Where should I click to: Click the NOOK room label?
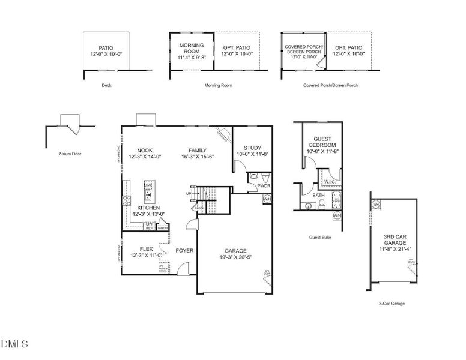pyautogui.click(x=145, y=151)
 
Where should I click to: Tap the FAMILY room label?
pyautogui.click(x=198, y=151)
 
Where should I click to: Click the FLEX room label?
pyautogui.click(x=145, y=250)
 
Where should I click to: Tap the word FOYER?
pyautogui.click(x=184, y=250)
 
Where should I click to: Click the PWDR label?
pyautogui.click(x=264, y=186)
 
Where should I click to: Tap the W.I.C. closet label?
pyautogui.click(x=330, y=181)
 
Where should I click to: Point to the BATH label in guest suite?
pyautogui.click(x=318, y=195)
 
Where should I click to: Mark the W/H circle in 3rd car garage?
pyautogui.click(x=376, y=204)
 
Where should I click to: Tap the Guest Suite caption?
pyautogui.click(x=319, y=237)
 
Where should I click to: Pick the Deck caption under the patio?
pyautogui.click(x=106, y=85)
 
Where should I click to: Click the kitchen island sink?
pyautogui.click(x=147, y=194)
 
